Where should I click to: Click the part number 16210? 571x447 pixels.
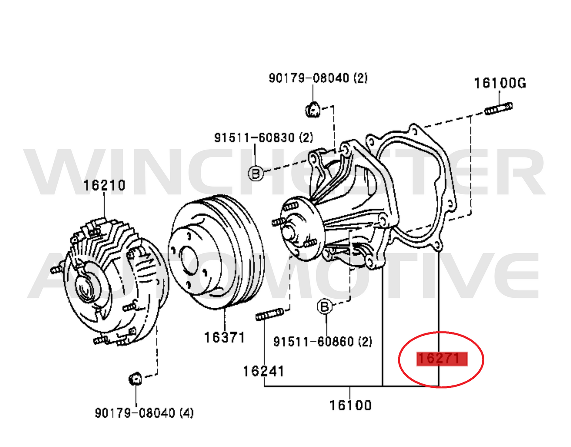coord(104,185)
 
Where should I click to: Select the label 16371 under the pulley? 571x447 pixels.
coord(224,337)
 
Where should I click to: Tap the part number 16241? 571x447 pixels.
coord(264,371)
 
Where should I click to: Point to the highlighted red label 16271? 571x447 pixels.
coord(442,359)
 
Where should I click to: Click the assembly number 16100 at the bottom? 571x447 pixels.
coord(351,405)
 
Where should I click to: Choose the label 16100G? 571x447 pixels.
coord(500,83)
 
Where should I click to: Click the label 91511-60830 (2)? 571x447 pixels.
coord(264,137)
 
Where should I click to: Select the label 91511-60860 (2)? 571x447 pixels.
coord(323,342)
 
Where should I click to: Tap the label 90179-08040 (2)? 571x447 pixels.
coord(318,78)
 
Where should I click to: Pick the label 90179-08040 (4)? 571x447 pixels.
coord(144,413)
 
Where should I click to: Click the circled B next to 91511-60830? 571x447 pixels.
coord(256,174)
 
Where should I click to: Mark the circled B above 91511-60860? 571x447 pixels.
coord(325,307)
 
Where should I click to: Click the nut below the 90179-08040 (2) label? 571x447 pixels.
coord(313,110)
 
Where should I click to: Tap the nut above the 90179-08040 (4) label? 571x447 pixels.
coord(136,379)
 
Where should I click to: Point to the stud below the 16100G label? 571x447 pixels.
coord(498,108)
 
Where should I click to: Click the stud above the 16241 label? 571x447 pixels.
coord(269,314)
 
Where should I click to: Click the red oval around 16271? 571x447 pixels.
coord(441,360)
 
